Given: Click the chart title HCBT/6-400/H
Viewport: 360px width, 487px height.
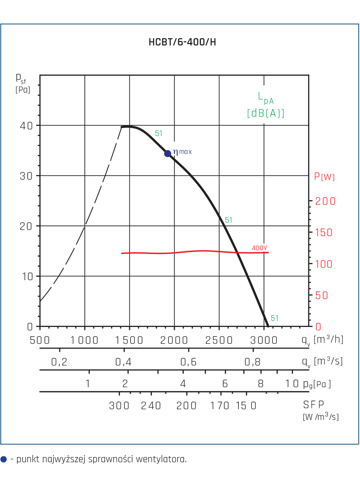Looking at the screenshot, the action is [x=182, y=42].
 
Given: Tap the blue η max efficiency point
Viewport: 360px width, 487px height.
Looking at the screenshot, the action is [x=167, y=153].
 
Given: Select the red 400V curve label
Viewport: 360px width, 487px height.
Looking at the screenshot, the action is [x=259, y=248].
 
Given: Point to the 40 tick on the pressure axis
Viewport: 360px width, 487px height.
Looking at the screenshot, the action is [x=27, y=126].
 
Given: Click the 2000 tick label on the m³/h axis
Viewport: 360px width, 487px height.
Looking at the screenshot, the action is [x=174, y=340].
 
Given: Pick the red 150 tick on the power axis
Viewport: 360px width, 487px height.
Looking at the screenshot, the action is [x=323, y=232].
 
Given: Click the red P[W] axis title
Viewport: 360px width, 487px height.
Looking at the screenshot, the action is [x=324, y=176].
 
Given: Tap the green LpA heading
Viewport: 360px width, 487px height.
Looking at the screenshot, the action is [x=266, y=98].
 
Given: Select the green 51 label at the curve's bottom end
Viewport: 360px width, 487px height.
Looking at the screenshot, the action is [x=275, y=318].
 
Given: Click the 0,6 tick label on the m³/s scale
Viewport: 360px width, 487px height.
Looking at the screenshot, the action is [x=188, y=362].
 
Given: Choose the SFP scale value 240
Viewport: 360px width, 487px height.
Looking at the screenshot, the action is [x=151, y=406].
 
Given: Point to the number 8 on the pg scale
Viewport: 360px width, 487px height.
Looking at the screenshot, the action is [x=261, y=384].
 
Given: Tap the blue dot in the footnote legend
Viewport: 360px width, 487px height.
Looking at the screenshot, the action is [x=3, y=459].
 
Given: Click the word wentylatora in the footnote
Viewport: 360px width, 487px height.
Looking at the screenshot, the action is [x=161, y=459].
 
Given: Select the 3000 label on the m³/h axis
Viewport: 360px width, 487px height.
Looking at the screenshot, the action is [x=264, y=340].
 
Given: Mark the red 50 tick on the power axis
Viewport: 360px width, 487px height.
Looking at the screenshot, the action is [x=321, y=295].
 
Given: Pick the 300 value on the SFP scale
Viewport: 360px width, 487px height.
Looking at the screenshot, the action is [x=119, y=406].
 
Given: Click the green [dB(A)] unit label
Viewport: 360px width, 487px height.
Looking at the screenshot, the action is [x=266, y=113].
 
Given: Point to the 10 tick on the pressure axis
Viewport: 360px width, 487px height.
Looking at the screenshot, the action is [x=28, y=276].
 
